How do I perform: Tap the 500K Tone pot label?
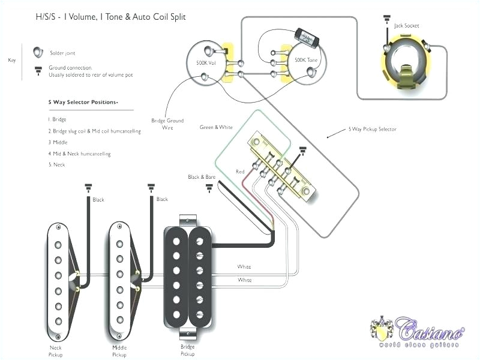pyautogui.click(x=307, y=61)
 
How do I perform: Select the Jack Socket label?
pyautogui.click(x=406, y=26)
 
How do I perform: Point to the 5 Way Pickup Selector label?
pyautogui.click(x=372, y=129)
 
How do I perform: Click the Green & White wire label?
pyautogui.click(x=215, y=127)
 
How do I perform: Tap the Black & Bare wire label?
pyautogui.click(x=202, y=177)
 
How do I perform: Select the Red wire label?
pyautogui.click(x=240, y=172)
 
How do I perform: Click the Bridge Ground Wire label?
pyautogui.click(x=167, y=124)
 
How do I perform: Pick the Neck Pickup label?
pyautogui.click(x=56, y=350)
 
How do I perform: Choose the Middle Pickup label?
pyautogui.click(x=119, y=350)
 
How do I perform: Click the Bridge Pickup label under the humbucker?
pyautogui.click(x=188, y=350)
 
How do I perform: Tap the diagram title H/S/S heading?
pyautogui.click(x=110, y=17)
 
